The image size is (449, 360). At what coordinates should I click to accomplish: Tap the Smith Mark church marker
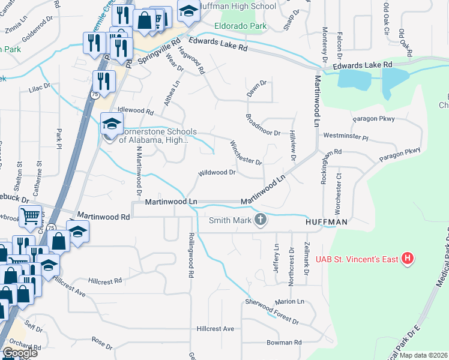[x=261, y=220]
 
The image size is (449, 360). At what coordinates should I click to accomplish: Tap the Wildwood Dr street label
[x=217, y=173]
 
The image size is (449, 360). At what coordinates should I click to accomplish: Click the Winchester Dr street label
[x=247, y=153]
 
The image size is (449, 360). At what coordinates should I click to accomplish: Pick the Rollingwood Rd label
[x=191, y=255]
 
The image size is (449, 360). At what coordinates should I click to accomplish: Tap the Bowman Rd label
[x=284, y=343]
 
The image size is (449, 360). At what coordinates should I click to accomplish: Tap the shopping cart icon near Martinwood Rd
[x=30, y=217]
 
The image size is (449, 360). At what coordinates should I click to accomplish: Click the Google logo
[x=20, y=353]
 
